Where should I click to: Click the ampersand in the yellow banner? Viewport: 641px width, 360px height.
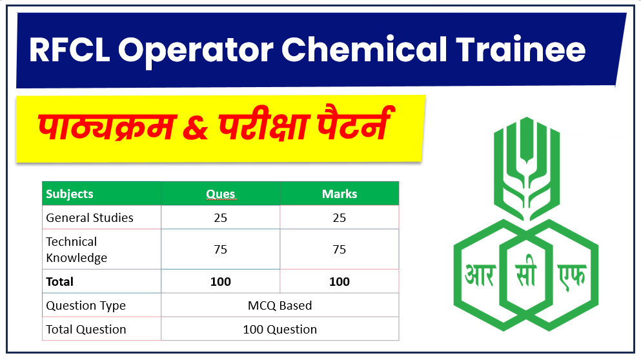192,127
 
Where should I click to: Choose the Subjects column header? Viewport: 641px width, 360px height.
70,194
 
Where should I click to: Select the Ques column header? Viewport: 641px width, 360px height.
220,194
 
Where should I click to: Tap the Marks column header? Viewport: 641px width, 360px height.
339,194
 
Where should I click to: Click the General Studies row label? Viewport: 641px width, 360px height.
90,217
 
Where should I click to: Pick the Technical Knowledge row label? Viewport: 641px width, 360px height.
76,250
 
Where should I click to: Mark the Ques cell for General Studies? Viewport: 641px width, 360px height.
220,217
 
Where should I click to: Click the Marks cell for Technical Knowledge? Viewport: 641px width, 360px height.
339,250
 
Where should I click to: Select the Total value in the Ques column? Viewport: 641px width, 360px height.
220,281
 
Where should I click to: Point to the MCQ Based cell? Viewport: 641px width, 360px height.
280,305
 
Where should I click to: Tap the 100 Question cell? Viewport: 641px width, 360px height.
280,329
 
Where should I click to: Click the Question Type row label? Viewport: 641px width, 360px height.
86,305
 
